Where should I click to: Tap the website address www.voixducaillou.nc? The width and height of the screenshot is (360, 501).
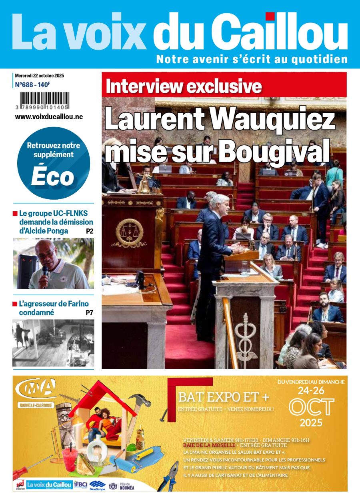click(x=49, y=117)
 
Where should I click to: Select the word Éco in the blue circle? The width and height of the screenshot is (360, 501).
click(x=53, y=176)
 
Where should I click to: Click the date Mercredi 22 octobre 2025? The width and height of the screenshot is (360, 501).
click(x=40, y=76)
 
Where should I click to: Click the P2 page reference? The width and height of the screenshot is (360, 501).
click(x=90, y=231)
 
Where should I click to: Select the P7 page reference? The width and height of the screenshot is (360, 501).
click(x=89, y=313)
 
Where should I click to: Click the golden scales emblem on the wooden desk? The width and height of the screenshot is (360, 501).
click(x=129, y=232)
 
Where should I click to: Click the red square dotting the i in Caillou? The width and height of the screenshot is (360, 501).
click(x=270, y=16)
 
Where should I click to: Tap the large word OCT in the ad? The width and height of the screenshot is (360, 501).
click(x=311, y=407)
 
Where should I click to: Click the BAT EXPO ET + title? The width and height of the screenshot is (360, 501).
click(x=224, y=397)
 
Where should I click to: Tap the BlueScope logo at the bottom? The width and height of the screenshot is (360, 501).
click(x=97, y=486)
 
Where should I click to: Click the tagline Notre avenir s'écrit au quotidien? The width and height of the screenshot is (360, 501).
click(x=252, y=59)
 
